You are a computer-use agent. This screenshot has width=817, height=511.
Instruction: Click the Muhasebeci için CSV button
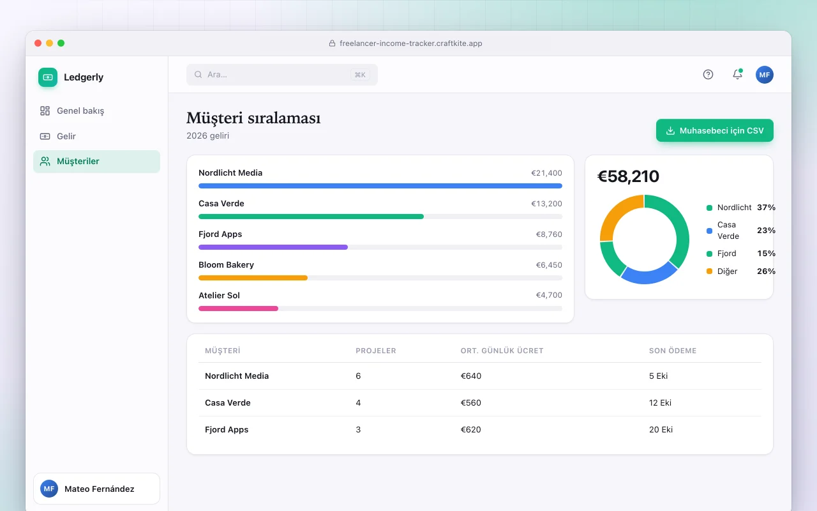(714, 130)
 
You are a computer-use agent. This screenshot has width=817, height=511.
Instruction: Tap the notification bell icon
(737, 75)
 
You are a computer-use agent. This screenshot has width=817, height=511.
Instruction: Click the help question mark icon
(708, 75)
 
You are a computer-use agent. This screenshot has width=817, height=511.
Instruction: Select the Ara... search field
(282, 75)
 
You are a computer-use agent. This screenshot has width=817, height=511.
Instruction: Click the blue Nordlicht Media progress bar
(380, 186)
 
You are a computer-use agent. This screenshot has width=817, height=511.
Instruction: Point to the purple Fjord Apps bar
(273, 247)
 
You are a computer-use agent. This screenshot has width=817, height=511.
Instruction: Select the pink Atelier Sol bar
(238, 309)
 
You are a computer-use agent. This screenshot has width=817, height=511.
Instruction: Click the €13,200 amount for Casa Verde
(546, 204)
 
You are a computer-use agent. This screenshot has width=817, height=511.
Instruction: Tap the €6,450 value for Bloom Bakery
(548, 265)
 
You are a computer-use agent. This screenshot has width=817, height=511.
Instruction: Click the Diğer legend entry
(740, 271)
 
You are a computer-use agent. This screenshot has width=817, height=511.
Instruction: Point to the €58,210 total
(628, 176)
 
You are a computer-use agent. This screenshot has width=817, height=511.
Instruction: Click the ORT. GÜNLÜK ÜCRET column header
(502, 351)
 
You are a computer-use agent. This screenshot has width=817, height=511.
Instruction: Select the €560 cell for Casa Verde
(470, 402)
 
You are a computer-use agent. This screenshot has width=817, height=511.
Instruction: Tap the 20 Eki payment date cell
(661, 430)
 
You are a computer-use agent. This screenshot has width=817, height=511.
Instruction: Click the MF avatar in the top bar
(764, 75)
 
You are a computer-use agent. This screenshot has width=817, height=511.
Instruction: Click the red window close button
(38, 43)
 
